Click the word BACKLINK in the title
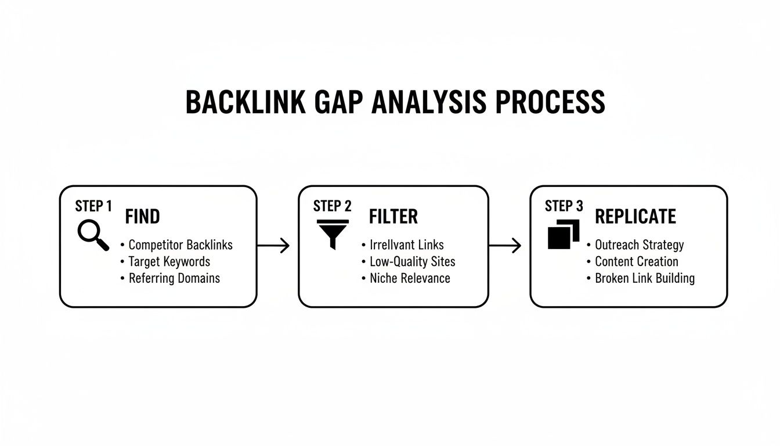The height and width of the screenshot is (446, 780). [x=245, y=102]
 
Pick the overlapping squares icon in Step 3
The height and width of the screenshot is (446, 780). [x=564, y=234]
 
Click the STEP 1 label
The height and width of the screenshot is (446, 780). [x=93, y=206]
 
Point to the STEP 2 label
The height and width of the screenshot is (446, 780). [x=332, y=206]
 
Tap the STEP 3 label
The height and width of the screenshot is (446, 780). [x=564, y=206]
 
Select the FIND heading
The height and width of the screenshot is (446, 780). [x=142, y=217]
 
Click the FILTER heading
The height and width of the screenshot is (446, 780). [x=393, y=217]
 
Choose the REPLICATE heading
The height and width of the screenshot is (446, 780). [x=635, y=217]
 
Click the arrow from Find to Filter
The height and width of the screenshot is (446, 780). [x=273, y=246]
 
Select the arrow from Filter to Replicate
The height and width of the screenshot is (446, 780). [x=505, y=246]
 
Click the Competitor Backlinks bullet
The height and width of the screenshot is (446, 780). [x=180, y=245]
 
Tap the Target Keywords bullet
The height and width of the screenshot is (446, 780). [x=169, y=261]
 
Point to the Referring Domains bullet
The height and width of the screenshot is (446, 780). [x=174, y=278]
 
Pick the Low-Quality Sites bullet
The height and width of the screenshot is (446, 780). [x=412, y=261]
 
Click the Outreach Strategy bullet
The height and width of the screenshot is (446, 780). [x=639, y=245]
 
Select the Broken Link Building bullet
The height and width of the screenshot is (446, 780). [x=644, y=278]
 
